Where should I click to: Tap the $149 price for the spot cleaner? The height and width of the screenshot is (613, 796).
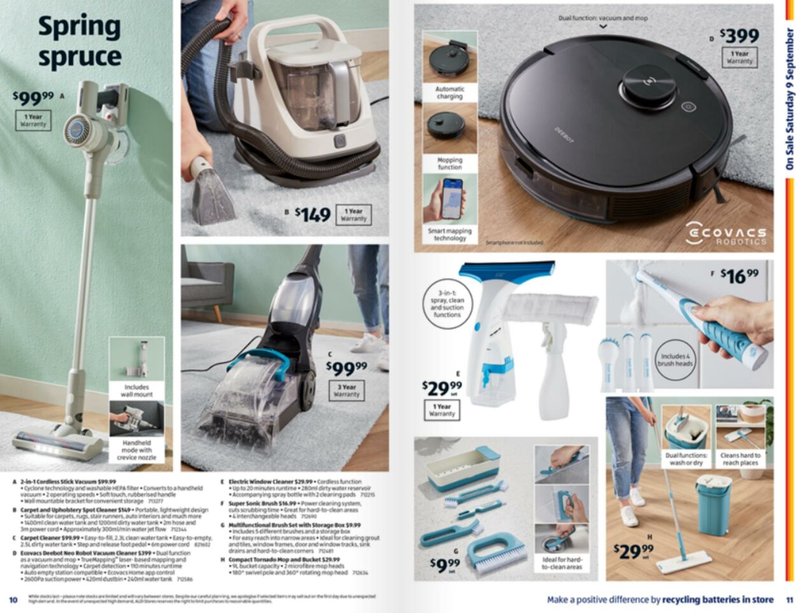coord(313,215)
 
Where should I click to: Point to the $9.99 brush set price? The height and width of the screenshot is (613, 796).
coord(444,563)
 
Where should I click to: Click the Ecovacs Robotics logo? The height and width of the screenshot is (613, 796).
coord(725,234)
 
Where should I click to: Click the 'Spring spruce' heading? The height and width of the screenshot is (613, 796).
coord(80,41)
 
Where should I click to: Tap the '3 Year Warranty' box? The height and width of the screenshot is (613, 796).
coord(346,391)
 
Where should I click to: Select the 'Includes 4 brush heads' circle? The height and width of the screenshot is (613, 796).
coord(676,360)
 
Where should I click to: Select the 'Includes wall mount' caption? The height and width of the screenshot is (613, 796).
coord(136,391)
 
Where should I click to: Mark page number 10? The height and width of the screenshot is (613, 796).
coord(13,600)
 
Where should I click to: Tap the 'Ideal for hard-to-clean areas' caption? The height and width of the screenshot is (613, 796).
coord(562,563)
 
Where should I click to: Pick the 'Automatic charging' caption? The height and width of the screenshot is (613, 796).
coord(450,93)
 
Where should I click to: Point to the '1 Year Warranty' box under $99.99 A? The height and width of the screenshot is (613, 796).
coord(33,120)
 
